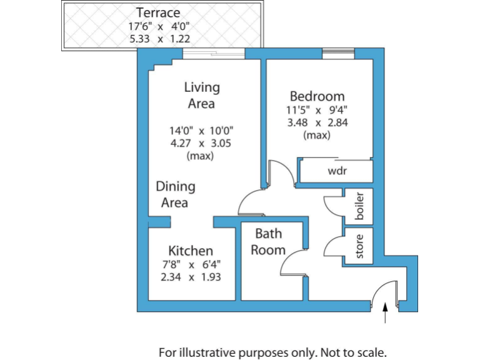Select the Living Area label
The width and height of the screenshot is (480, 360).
coord(201,95)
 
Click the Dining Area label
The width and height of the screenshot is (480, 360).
coord(175,194)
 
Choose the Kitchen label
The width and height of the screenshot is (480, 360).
coord(191,251)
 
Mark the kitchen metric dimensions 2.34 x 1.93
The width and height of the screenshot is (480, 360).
coord(191,276)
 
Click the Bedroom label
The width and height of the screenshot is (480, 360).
coord(317,96)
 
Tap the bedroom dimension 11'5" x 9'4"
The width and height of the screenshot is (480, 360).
coord(317,110)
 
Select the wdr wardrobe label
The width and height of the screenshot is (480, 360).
coord(337,171)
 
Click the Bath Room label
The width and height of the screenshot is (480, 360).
coord(268,241)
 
